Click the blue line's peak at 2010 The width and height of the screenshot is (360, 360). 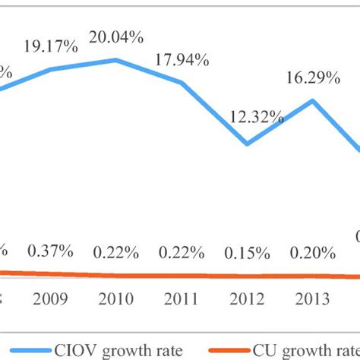116,60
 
